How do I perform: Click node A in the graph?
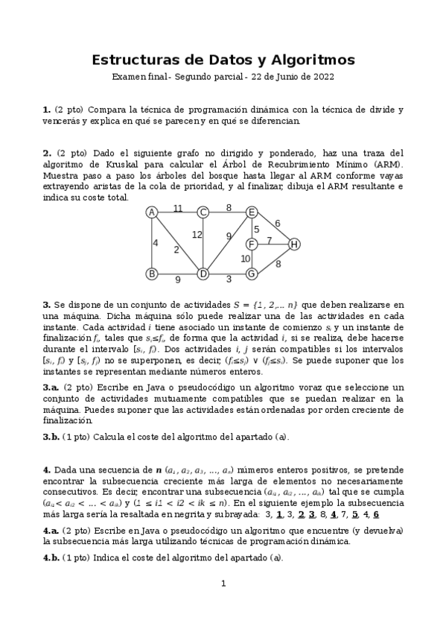[152, 212]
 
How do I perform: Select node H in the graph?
[294, 244]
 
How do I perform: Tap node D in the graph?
[202, 274]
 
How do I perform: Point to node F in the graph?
[252, 244]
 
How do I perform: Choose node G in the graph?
[252, 274]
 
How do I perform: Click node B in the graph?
[152, 274]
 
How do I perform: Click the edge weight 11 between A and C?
[178, 208]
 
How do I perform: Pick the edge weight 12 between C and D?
[197, 235]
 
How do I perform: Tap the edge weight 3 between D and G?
[229, 279]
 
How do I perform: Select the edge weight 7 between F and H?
[270, 240]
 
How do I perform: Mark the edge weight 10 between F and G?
[245, 259]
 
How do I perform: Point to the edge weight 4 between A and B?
[156, 243]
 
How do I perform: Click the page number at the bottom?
[223, 604]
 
